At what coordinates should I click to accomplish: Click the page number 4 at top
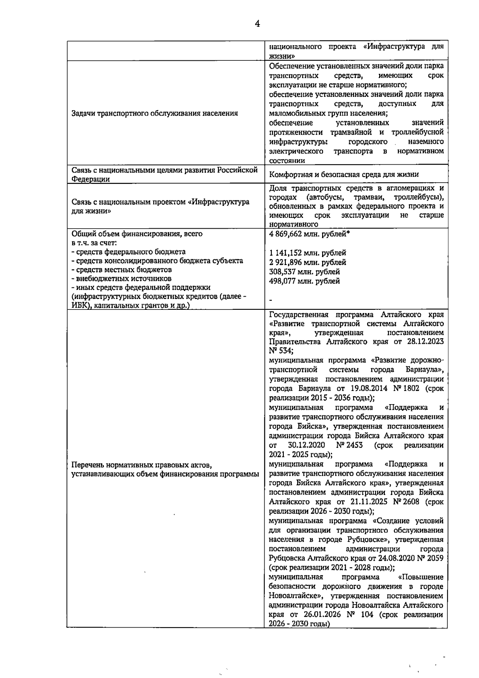257,24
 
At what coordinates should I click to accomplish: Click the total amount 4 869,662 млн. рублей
310,234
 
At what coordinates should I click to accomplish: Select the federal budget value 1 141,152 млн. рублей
308,253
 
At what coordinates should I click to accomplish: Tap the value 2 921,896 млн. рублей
308,263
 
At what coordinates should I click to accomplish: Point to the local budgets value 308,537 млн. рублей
305,272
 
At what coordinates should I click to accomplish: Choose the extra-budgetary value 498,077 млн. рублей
305,281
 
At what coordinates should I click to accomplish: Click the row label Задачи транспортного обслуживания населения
154,113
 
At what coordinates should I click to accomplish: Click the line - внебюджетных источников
121,279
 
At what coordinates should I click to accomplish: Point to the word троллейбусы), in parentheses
419,198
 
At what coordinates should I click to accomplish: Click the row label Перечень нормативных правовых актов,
141,465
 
